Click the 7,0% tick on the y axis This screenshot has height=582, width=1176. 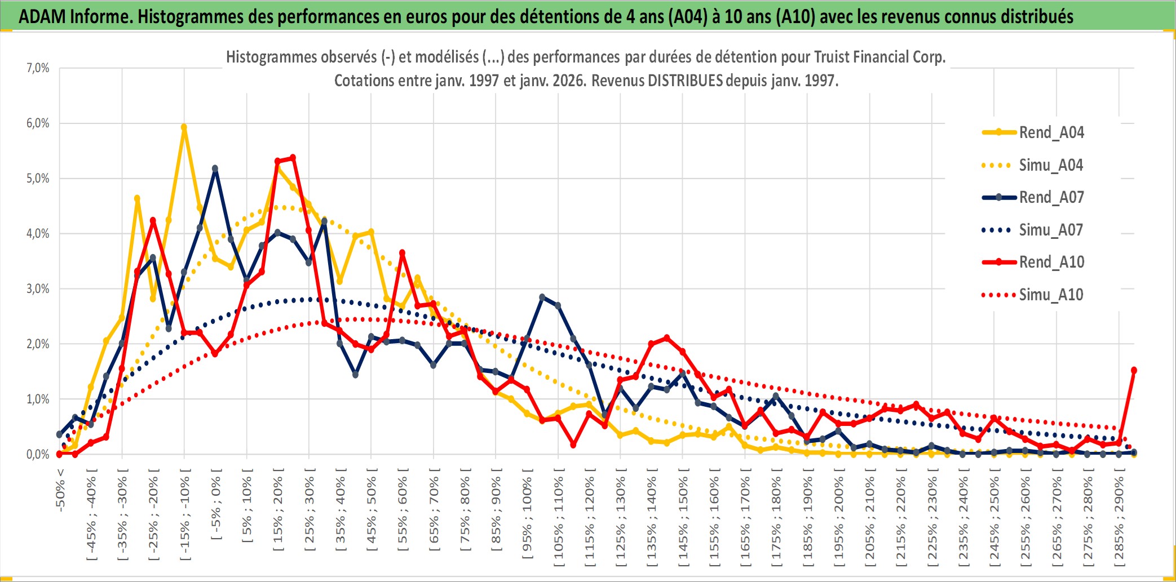tap(38, 68)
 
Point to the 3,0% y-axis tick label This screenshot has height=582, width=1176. tap(38, 289)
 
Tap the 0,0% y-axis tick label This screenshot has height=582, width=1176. tap(38, 454)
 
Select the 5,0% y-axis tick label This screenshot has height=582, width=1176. tap(38, 179)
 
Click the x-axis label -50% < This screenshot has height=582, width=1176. tap(60, 490)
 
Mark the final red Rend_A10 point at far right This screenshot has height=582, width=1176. tap(1134, 370)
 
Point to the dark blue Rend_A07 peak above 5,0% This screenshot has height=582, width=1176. tap(215, 168)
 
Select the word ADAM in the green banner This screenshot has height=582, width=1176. tap(42, 16)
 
